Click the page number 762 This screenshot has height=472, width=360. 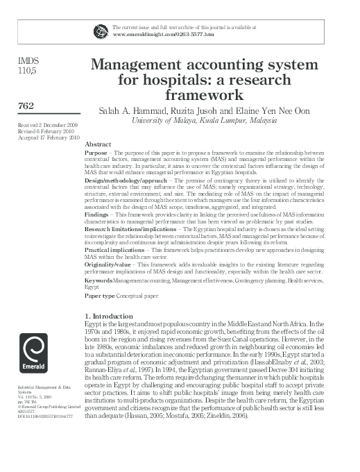pos(26,106)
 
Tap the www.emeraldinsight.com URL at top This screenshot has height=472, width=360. pos(162,33)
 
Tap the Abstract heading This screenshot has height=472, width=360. pos(98,144)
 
